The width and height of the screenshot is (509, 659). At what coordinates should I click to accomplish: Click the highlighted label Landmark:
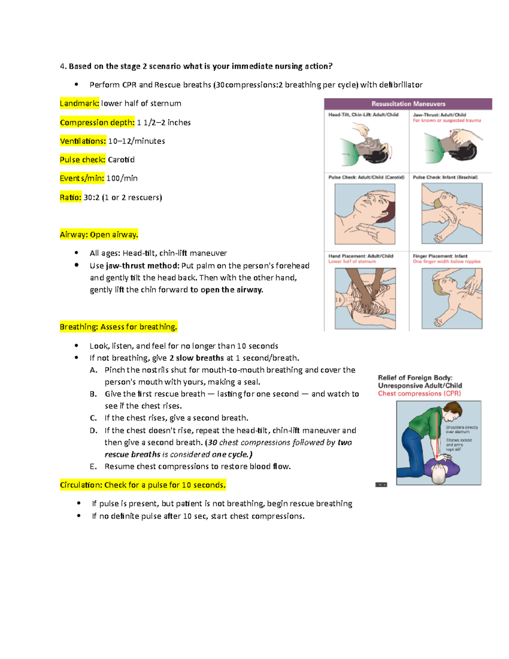coord(79,103)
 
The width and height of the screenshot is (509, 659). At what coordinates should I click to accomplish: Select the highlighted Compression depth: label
coord(97,122)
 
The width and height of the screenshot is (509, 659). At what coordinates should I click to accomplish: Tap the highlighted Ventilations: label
coord(83,141)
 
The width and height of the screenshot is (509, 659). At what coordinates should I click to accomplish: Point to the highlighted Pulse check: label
coord(83,160)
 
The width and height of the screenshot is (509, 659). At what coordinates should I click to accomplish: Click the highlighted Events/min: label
coord(82,178)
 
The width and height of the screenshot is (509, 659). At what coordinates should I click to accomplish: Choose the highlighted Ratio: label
coord(70,197)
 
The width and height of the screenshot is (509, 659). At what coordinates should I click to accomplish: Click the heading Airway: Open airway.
coord(99,235)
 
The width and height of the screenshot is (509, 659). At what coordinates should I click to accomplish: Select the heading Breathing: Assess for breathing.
coord(118,327)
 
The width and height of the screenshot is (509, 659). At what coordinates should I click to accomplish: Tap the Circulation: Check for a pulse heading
coord(143,485)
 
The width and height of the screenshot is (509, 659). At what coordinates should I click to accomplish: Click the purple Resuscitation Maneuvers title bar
coord(408,104)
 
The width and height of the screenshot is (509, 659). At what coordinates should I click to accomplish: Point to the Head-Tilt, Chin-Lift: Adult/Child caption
coord(363,115)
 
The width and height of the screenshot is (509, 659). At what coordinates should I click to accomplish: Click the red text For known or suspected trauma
coord(447,121)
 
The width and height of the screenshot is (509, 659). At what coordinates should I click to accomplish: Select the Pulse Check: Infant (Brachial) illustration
coord(452,213)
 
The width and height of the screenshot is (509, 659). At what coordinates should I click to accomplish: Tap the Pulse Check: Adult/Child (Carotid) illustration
coord(365,214)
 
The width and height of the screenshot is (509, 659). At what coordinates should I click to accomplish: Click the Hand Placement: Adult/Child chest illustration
coord(365,298)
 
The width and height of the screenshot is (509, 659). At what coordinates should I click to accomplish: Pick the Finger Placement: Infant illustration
coord(452,298)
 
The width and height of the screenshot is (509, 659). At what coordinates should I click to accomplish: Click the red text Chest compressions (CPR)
coord(419,393)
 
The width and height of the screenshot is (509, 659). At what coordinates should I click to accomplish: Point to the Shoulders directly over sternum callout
coord(461,429)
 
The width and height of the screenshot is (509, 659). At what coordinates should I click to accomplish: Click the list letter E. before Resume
coord(93,466)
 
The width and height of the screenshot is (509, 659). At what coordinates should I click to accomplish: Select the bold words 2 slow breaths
coord(196,358)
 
